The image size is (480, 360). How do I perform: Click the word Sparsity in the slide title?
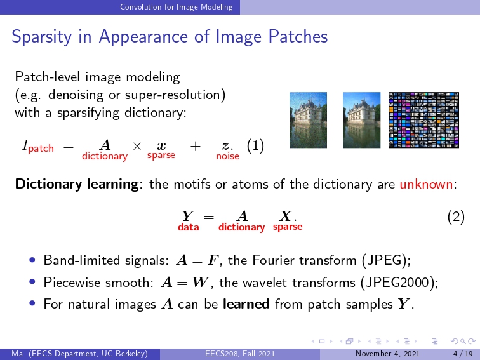pos(42,37)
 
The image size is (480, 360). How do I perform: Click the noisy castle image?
pos(309,120)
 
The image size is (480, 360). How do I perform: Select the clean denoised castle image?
pos(361,120)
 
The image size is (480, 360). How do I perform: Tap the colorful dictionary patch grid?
pos(423,120)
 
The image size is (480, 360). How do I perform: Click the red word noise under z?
pos(227,156)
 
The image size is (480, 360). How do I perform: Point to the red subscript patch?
pos(41,149)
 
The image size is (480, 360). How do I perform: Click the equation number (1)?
pos(255,146)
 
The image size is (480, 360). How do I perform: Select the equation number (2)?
pos(456,217)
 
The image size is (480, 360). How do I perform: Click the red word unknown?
pos(426,184)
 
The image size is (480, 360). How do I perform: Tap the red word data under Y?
pos(189,227)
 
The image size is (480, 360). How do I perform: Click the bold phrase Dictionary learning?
pos(77,184)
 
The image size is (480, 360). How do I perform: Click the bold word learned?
pos(246,304)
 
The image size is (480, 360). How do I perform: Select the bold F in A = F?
pos(213,260)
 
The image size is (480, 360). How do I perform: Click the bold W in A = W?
pos(201,283)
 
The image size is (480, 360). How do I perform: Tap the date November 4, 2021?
pos(387,354)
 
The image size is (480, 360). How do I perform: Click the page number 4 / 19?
pos(463,354)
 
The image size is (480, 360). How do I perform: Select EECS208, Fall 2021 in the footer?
pos(240,354)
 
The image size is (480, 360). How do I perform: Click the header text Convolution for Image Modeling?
pos(177,7)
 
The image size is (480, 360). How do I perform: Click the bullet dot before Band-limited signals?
pos(32,260)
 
